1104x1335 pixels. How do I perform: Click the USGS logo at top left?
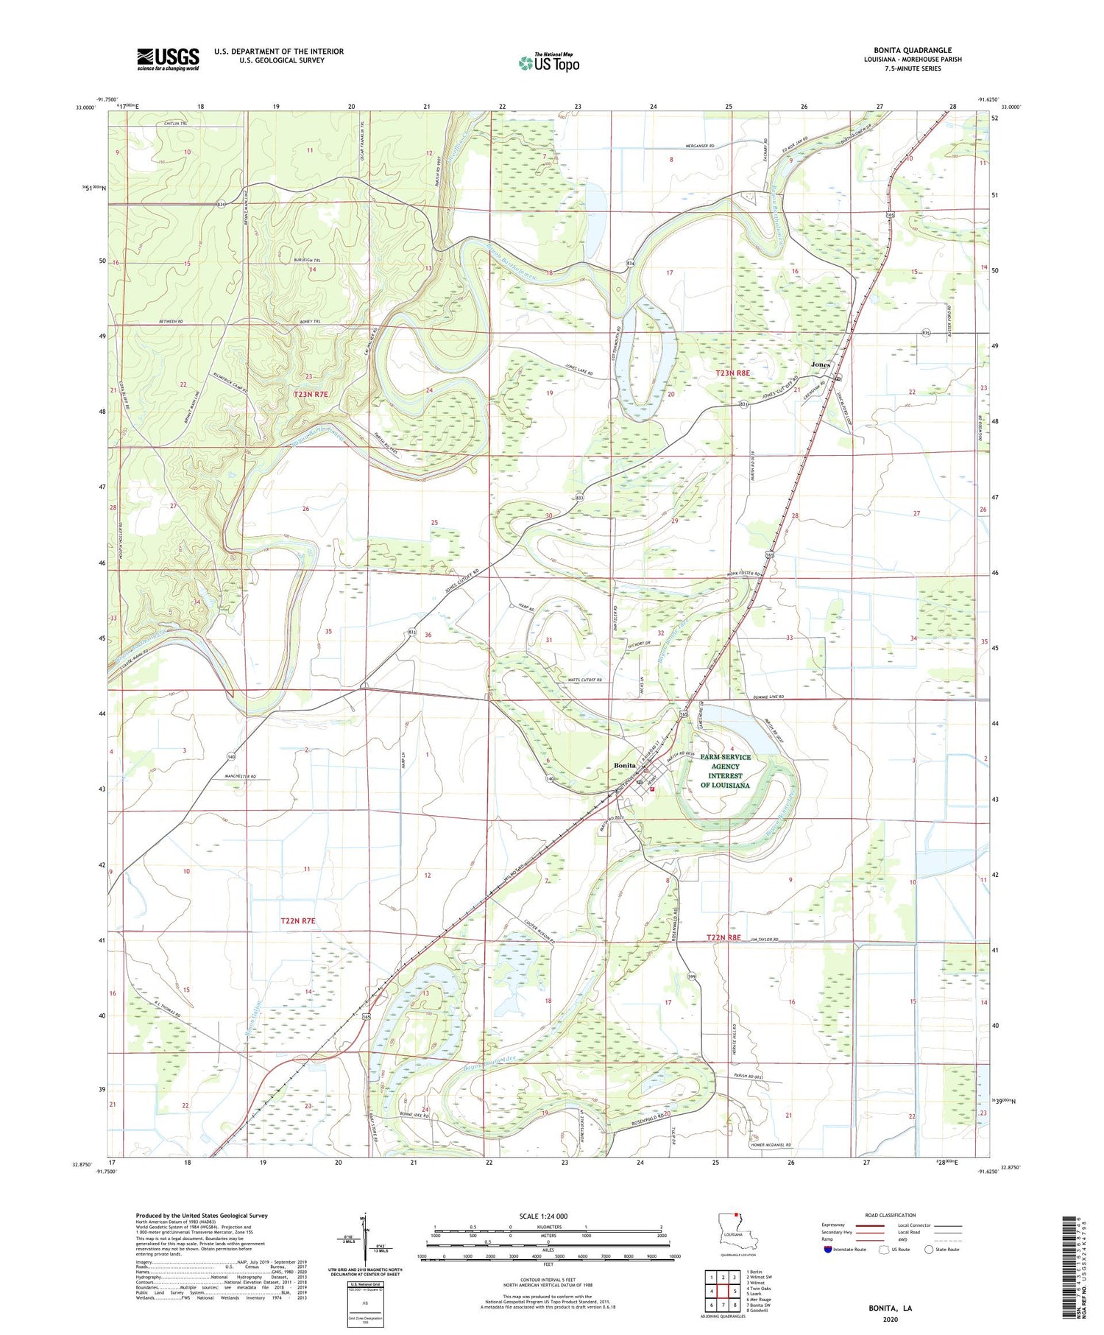pos(168,59)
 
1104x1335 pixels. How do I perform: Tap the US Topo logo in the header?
pos(548,63)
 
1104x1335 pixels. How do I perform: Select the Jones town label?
pos(820,364)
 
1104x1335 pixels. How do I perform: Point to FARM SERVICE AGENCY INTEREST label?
pos(725,771)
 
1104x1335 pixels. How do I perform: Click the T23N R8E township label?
pos(733,373)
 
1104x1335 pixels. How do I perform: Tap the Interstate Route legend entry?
pos(846,1250)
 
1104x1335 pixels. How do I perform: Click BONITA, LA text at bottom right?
pos(890,1308)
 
